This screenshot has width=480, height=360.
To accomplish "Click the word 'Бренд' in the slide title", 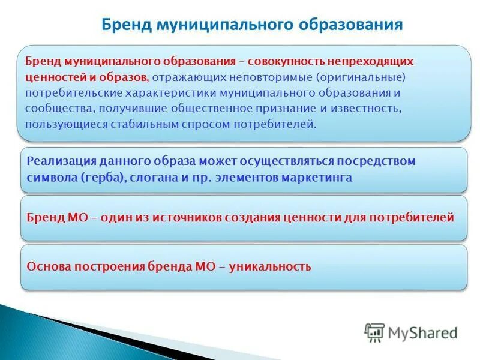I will coord(124,25).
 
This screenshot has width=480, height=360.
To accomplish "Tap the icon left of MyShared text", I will coord(374,332).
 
